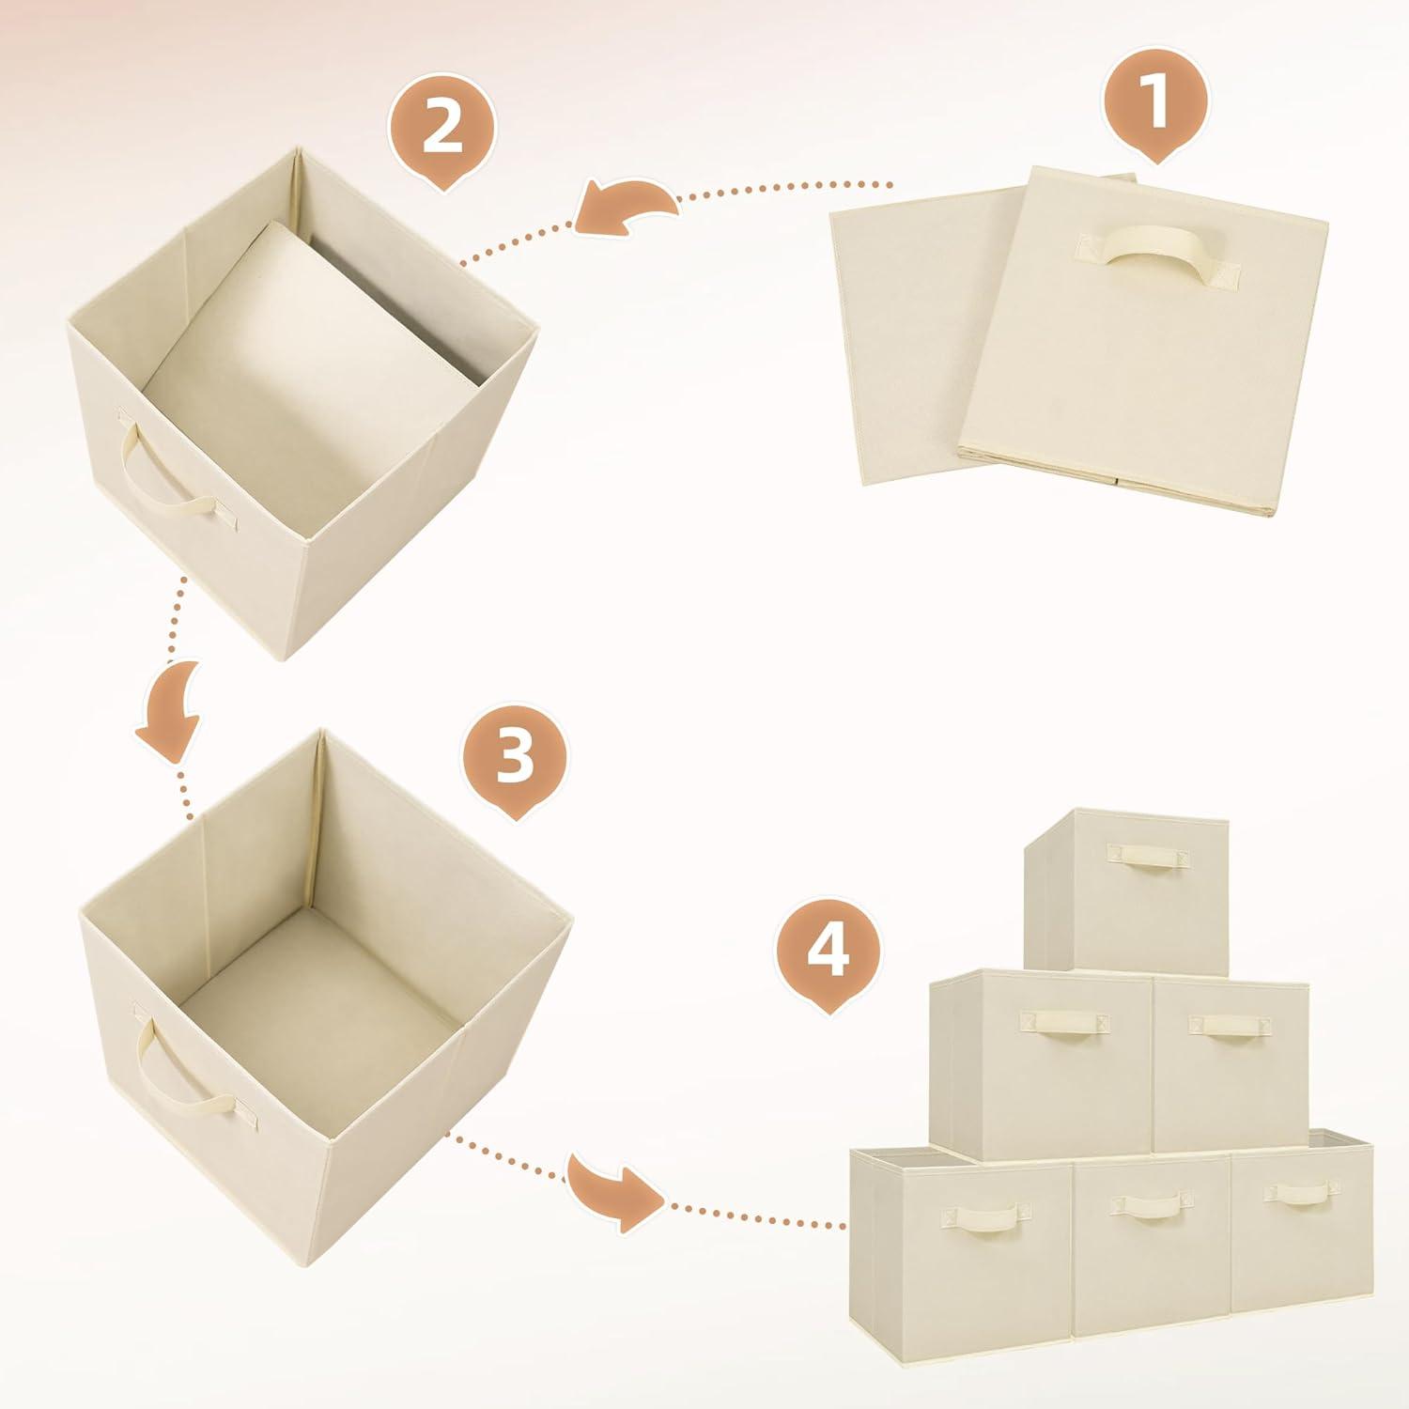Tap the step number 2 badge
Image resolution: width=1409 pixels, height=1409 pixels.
click(x=441, y=129)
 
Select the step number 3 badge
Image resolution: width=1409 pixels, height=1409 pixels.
click(x=515, y=757)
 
